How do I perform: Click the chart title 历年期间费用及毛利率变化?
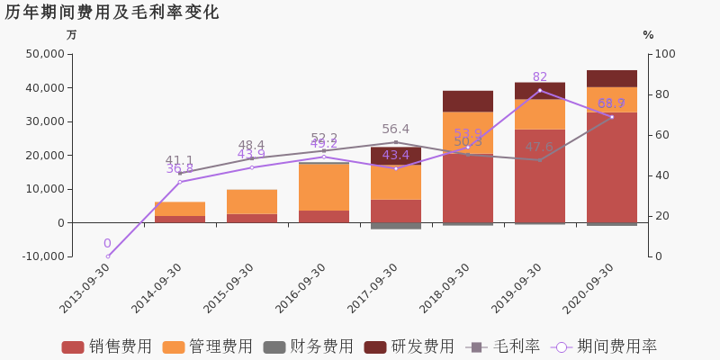pos(112,13)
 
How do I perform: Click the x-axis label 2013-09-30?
pos(86,289)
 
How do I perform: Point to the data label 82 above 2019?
pos(540,77)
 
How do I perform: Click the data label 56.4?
pos(395,130)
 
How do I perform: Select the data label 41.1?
pos(179,161)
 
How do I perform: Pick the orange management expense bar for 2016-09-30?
pos(324,186)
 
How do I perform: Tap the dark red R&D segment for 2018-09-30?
pos(468,101)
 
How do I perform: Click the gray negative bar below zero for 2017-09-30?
pos(396,226)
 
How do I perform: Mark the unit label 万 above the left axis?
pos(72,35)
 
